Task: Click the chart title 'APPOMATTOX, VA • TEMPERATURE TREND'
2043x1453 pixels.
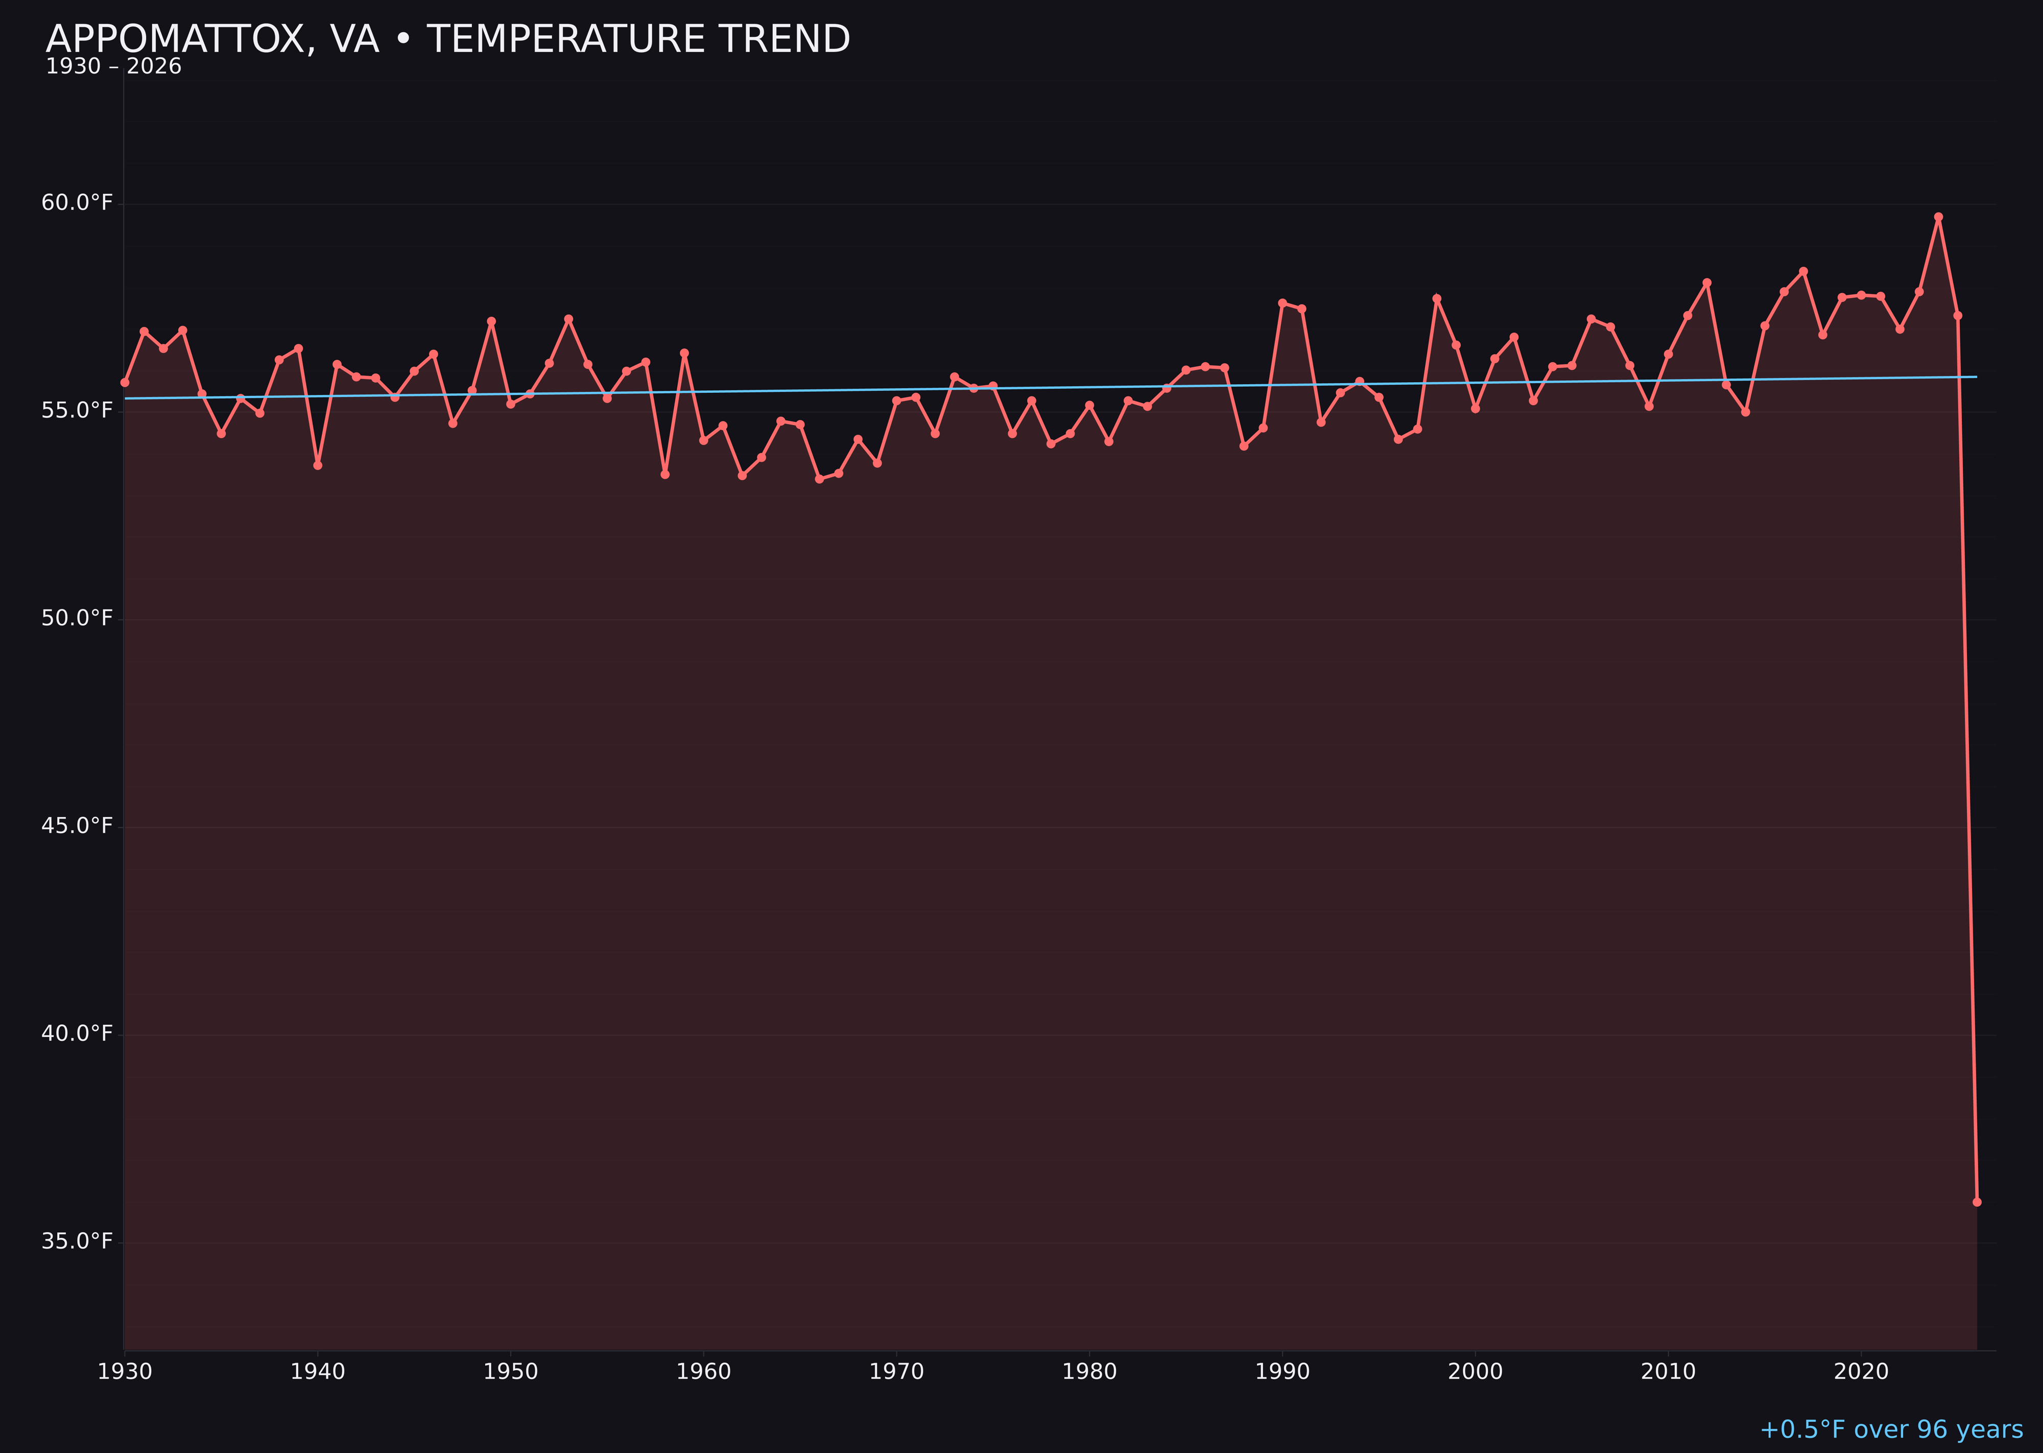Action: point(447,39)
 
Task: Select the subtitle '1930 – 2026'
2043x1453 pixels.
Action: point(113,67)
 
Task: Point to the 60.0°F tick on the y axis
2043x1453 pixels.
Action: point(77,203)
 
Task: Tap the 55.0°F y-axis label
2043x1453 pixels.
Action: point(77,411)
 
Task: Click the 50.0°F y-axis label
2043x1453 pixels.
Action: point(77,618)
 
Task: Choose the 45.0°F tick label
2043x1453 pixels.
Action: point(77,826)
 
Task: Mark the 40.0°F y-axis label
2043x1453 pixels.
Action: point(77,1034)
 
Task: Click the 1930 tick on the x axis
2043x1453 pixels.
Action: point(124,1372)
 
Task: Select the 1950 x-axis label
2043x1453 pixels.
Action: point(511,1372)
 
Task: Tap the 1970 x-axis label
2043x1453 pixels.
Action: point(896,1372)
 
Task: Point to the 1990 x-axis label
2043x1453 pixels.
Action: point(1282,1372)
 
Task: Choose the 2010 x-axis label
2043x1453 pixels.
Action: point(1668,1372)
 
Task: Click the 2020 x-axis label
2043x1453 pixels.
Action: point(1861,1372)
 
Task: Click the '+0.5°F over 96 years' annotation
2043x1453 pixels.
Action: point(1891,1429)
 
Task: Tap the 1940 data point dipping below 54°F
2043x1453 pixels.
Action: point(318,465)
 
